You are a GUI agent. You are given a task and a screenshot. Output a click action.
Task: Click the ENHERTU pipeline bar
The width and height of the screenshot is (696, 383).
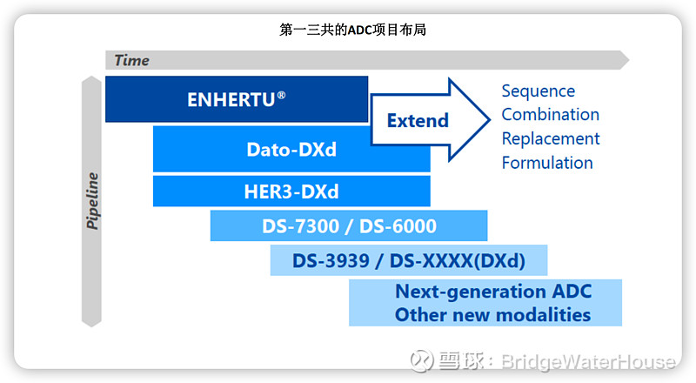coord(236,99)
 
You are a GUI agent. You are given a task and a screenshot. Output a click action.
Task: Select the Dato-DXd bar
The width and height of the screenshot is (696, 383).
coord(291,149)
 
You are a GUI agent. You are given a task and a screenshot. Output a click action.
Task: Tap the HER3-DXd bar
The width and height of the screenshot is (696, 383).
coord(291,191)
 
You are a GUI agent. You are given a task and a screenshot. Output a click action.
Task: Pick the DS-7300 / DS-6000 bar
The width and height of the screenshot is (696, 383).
coord(349,226)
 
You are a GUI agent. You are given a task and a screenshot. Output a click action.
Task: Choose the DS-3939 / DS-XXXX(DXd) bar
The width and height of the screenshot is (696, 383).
coord(408,259)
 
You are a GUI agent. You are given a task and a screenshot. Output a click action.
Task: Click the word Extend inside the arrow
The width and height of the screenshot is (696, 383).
coord(418,120)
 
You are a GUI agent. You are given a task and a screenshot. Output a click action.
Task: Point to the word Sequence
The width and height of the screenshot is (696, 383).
coord(538,91)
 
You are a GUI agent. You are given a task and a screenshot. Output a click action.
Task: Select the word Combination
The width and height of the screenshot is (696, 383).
coord(550,115)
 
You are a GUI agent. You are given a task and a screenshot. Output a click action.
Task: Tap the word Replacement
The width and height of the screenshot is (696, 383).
coord(551,138)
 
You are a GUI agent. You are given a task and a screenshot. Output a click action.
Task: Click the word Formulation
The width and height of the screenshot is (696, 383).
coord(547,163)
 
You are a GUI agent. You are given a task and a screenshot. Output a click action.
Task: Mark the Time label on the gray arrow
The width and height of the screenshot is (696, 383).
coord(131,60)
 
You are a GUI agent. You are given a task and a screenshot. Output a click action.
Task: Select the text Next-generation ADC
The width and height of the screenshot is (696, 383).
coord(492,292)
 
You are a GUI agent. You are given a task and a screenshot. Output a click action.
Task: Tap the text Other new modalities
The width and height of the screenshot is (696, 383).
coord(492,314)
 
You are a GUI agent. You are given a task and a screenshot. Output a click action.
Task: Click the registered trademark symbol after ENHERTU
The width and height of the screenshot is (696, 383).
coord(281,95)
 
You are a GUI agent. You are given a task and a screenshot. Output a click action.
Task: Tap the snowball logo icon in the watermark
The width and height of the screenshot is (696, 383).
coord(423,360)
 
